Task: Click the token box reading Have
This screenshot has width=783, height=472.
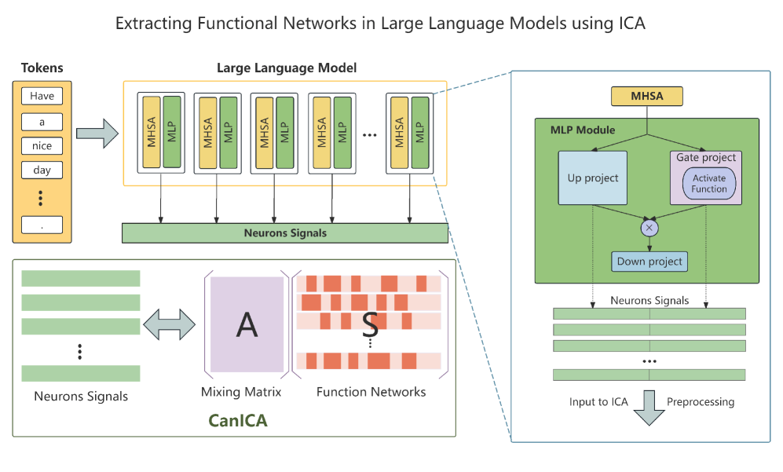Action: [x=42, y=97]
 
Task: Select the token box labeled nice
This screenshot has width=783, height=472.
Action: [x=42, y=146]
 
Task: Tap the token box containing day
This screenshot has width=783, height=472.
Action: [x=42, y=170]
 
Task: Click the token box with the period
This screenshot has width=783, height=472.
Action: [x=42, y=225]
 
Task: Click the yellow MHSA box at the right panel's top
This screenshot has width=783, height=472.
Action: [x=646, y=97]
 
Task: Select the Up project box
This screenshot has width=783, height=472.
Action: [x=593, y=178]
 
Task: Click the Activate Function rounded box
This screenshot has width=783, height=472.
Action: [x=709, y=184]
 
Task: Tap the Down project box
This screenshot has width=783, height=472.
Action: [x=649, y=262]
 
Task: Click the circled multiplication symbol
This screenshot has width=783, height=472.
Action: [x=649, y=228]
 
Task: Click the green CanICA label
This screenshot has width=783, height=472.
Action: [x=238, y=421]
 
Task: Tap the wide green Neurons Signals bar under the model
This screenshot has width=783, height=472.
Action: [x=284, y=233]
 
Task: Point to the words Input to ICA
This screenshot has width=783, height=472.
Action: [x=599, y=402]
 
